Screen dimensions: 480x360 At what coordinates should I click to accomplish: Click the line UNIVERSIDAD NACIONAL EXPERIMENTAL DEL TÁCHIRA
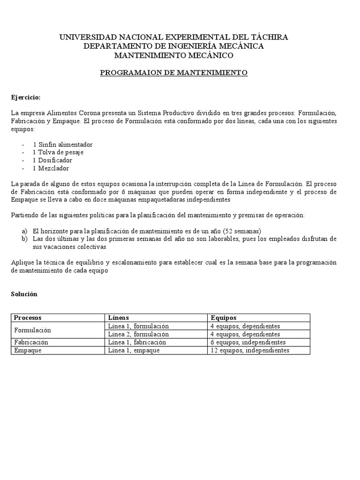pyautogui.click(x=173, y=37)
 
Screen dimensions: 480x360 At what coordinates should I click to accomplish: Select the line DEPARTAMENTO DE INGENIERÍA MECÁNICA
pyautogui.click(x=173, y=46)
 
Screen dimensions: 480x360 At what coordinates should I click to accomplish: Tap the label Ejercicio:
pyautogui.click(x=26, y=97)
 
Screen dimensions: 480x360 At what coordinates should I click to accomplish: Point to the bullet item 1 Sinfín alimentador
pyautogui.click(x=63, y=144)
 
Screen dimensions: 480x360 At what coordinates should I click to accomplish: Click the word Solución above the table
pyautogui.click(x=24, y=294)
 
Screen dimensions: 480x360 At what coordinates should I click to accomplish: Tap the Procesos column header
pyautogui.click(x=28, y=318)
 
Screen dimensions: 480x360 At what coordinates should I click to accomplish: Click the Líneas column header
pyautogui.click(x=118, y=318)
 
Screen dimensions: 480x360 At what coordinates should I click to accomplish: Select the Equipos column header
pyautogui.click(x=224, y=318)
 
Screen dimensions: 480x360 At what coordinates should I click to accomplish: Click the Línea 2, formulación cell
pyautogui.click(x=138, y=334)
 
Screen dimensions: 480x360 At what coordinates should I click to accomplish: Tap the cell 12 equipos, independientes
pyautogui.click(x=249, y=350)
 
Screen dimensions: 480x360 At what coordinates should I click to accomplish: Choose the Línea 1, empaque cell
pyautogui.click(x=134, y=350)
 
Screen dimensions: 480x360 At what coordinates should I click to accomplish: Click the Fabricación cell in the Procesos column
pyautogui.click(x=31, y=342)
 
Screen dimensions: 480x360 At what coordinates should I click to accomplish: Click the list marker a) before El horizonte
pyautogui.click(x=24, y=231)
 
